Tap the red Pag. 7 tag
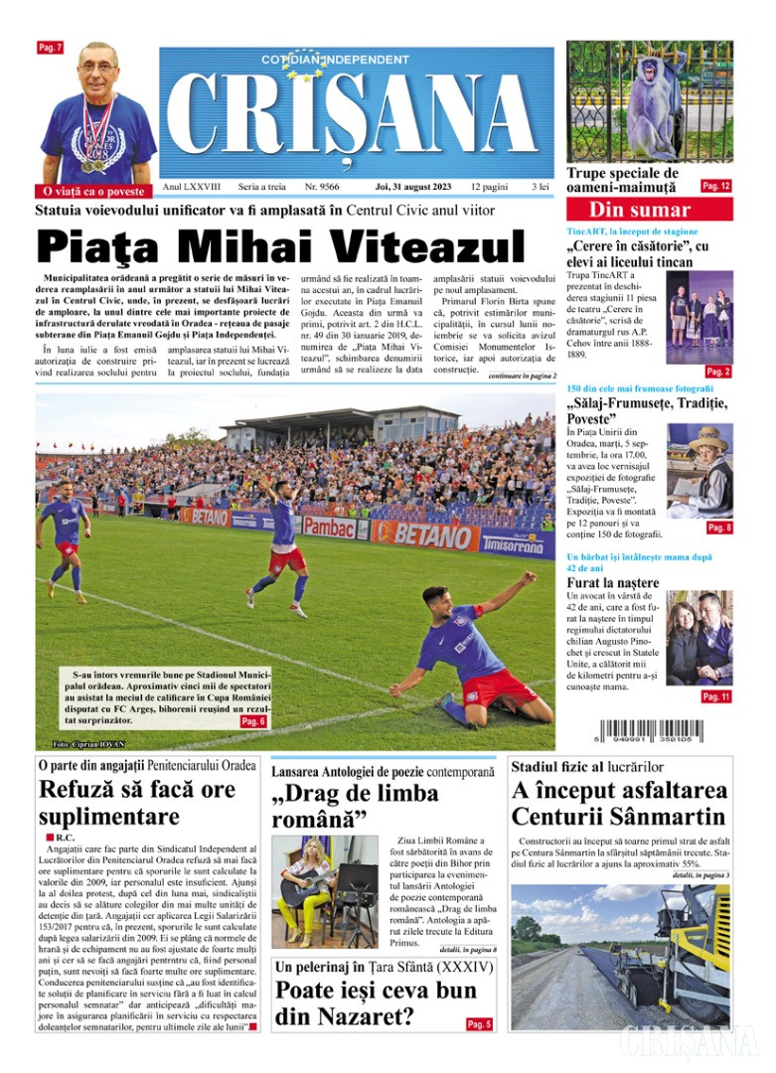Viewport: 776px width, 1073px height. coord(50,48)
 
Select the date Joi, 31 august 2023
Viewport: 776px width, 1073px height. coord(411,187)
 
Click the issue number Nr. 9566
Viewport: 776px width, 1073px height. coord(322,187)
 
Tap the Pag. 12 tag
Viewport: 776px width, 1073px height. coord(715,186)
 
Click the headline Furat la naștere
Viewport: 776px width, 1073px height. coord(612,582)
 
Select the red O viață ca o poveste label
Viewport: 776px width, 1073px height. coord(95,190)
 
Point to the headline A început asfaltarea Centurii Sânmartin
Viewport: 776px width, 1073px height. coord(620,804)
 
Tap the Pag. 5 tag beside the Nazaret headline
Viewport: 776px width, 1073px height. coord(479,1023)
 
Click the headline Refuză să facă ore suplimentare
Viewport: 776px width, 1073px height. coord(137,803)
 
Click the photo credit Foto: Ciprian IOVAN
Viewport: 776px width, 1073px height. coord(89,744)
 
